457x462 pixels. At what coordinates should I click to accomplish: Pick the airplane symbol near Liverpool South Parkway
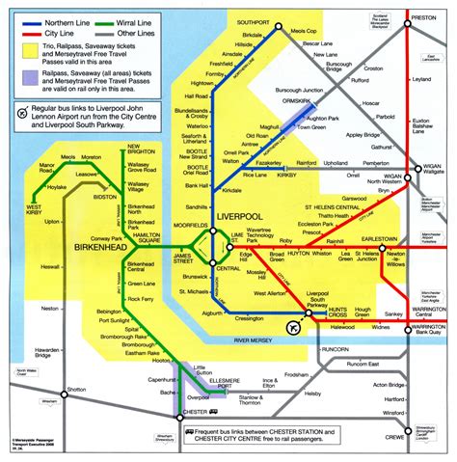tap(295, 329)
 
